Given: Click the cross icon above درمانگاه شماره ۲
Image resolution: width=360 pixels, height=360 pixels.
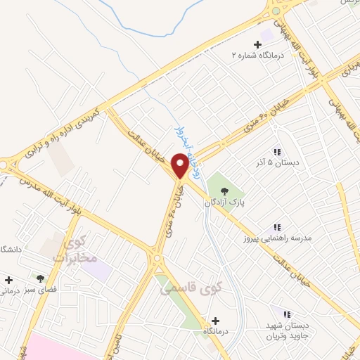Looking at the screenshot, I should (257, 44).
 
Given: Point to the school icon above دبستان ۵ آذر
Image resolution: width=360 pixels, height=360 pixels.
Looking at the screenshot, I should (277, 152).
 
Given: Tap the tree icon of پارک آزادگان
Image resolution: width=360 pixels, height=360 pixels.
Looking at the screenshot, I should (224, 191).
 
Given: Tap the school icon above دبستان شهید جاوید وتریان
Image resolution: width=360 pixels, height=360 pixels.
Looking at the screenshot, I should (288, 315).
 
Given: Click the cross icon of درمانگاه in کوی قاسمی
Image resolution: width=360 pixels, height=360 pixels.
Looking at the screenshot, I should (214, 319).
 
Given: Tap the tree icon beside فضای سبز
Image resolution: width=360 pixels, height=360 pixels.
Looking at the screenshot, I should (41, 278).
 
